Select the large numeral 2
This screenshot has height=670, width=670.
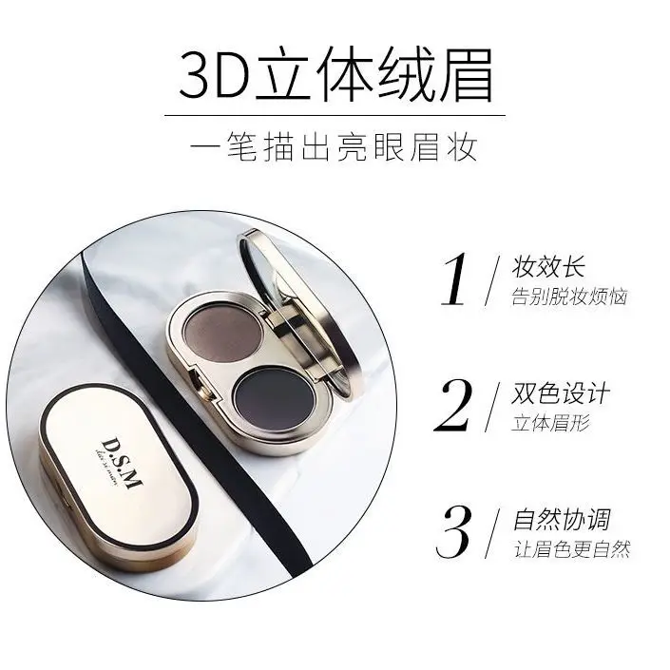tap(455, 408)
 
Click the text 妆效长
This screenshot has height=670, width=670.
tap(547, 265)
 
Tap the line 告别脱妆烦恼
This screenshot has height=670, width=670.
tap(569, 297)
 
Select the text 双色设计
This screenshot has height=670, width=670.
tap(560, 392)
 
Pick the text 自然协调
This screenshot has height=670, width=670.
tap(560, 520)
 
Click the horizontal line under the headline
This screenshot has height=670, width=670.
tap(335, 115)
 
